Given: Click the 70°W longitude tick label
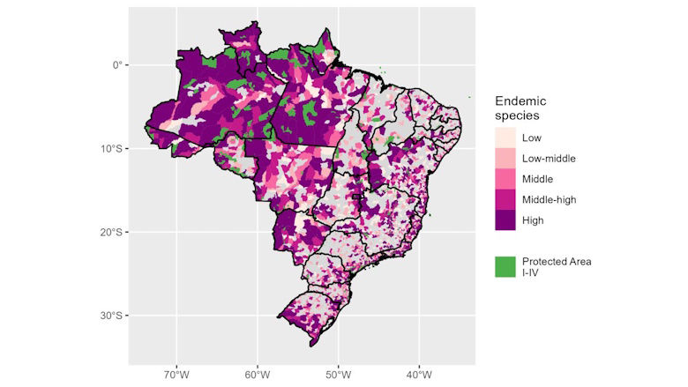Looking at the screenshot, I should [177, 374].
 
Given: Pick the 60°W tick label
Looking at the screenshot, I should [258, 374].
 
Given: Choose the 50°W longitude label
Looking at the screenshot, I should [338, 374].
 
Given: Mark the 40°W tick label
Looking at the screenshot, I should [418, 374].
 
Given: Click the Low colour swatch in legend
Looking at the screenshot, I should [505, 138].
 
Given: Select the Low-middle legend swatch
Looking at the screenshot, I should [505, 159].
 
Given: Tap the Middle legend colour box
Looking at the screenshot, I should [505, 179].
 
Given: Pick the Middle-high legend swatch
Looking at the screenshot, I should [505, 200].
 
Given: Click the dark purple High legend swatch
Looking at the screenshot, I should [505, 220].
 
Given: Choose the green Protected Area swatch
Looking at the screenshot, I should [505, 267].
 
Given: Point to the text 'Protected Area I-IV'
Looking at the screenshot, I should [556, 267].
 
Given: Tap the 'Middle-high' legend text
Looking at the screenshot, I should [549, 200].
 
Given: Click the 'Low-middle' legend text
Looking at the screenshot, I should [548, 159].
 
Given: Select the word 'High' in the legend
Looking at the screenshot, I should [533, 220].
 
